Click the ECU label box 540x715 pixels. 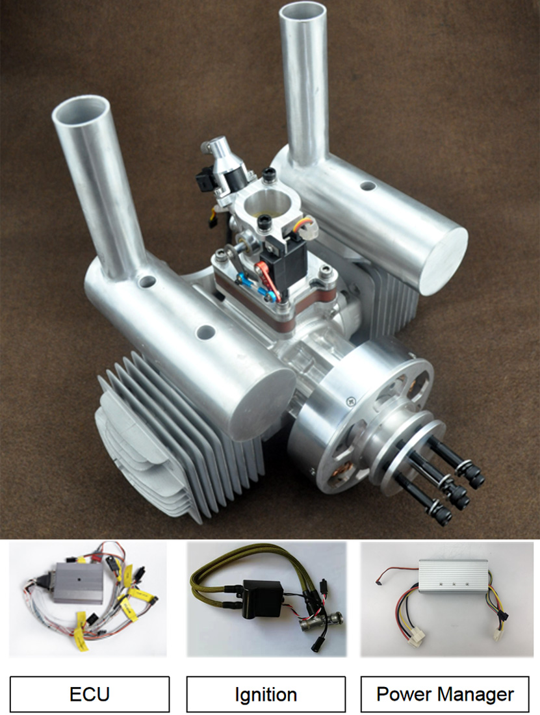coord(89,694)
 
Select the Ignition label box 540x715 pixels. coord(266,694)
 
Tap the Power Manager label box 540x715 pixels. coord(444,694)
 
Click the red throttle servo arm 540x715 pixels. coord(266,279)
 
